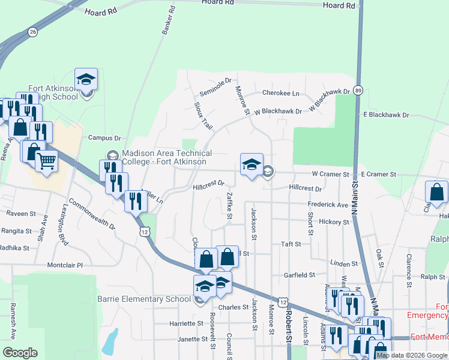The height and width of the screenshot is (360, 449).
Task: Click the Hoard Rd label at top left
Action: pos(100,12)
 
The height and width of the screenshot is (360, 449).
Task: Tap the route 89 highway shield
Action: pos(358,89)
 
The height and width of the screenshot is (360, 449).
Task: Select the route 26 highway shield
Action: pos(32,31)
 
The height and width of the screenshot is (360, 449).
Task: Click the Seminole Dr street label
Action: pos(215,88)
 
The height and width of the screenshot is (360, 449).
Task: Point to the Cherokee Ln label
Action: pos(280,94)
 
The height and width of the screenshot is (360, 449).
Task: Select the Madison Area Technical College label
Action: pos(164,157)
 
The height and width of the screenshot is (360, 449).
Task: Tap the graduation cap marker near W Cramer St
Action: pos(252,164)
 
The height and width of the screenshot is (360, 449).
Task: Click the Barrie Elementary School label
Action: pos(145,299)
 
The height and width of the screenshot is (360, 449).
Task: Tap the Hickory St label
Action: pos(334,222)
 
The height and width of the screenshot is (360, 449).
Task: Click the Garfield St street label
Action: pos(300,275)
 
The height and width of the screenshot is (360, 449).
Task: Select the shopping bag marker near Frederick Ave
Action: pos(436,192)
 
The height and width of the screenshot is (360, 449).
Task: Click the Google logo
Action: pos(20,353)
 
